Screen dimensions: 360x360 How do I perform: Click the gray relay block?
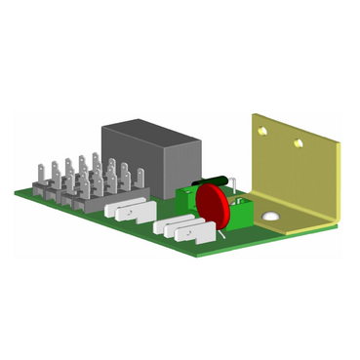[x=151, y=161]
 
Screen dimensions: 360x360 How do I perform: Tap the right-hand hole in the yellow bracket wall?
[x=299, y=143]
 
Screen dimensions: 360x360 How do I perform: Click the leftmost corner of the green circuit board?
[x=16, y=191]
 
